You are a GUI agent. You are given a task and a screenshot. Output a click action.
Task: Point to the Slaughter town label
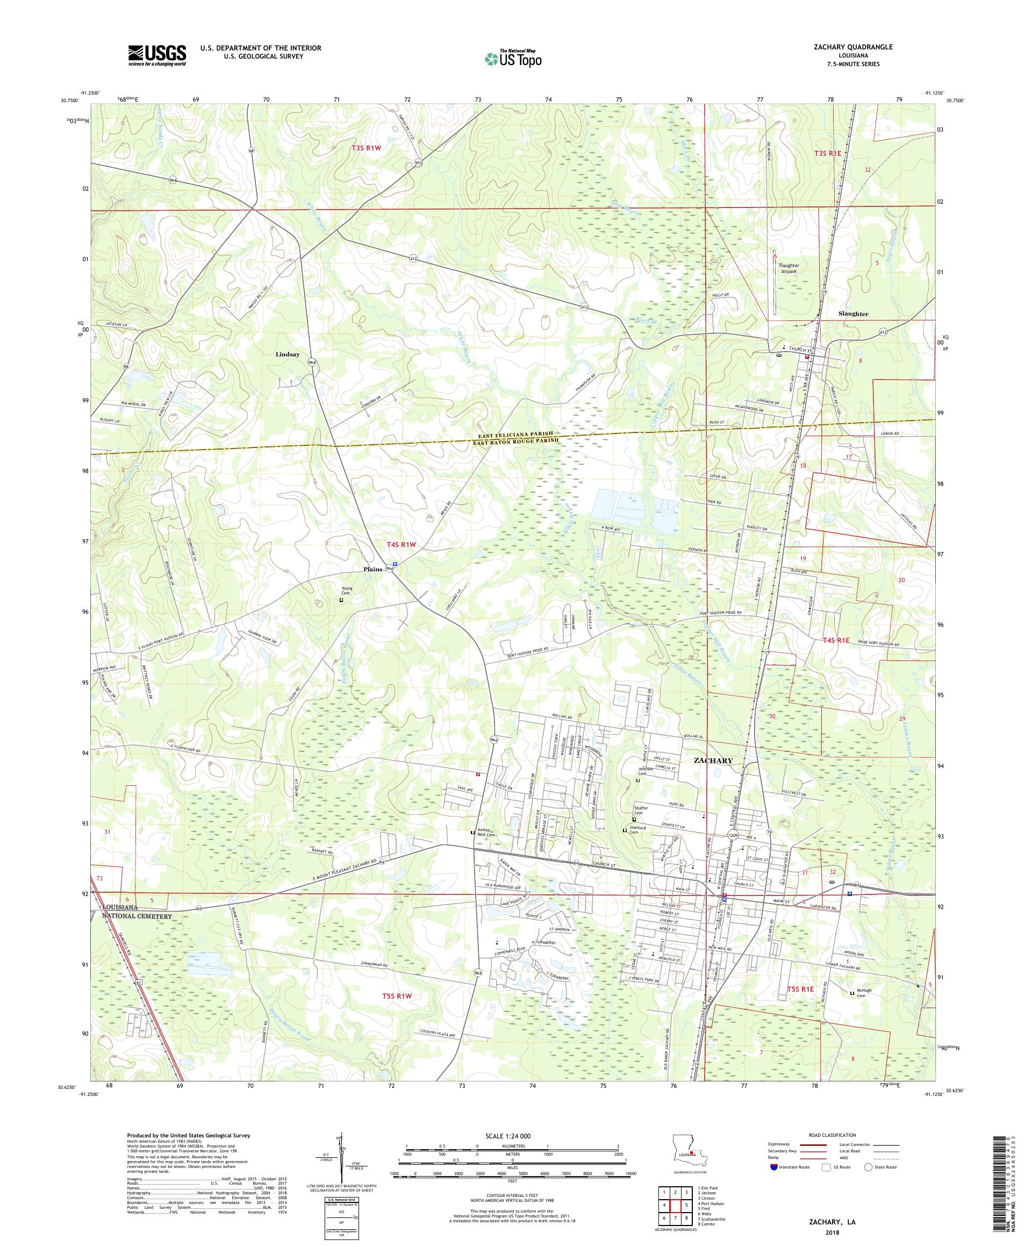[x=852, y=313]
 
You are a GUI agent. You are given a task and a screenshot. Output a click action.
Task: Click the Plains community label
[x=372, y=569]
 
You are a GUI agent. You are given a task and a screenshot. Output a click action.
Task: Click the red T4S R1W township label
[x=398, y=544]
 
